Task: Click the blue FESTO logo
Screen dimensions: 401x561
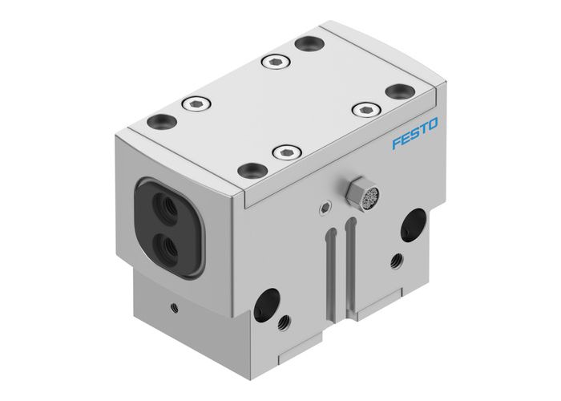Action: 415,134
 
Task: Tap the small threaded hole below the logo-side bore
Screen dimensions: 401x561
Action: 396,261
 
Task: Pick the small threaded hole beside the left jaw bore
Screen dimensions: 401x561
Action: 283,323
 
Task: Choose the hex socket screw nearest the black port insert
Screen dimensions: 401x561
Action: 194,103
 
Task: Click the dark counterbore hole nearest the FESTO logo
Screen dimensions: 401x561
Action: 398,91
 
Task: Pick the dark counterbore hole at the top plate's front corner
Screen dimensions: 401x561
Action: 253,169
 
